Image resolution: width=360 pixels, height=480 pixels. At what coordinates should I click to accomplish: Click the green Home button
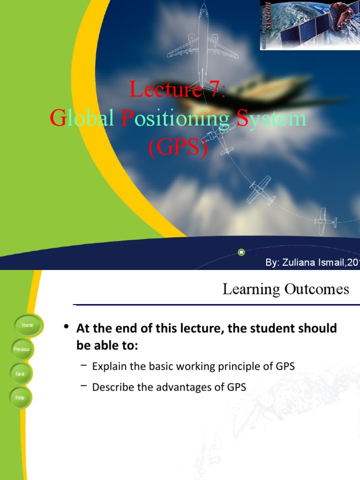[x=28, y=325]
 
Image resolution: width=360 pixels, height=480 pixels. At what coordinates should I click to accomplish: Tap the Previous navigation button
[x=22, y=349]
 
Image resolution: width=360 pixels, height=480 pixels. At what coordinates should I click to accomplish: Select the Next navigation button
[x=20, y=374]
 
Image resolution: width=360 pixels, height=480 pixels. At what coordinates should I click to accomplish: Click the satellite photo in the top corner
[x=310, y=25]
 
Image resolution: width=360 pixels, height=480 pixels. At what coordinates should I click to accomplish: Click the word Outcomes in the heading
[x=317, y=289]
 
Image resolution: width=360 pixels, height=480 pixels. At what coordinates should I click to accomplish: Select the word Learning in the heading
[x=251, y=290]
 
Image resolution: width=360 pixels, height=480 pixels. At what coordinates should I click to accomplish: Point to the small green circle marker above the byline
[x=241, y=252]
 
